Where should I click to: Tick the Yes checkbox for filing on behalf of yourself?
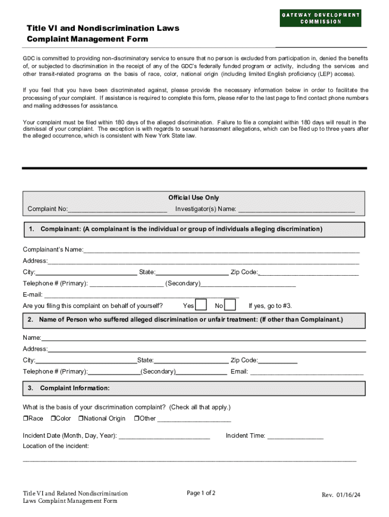coord(201,305)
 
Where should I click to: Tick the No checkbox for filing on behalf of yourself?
coord(230,305)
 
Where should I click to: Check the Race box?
coord(26,419)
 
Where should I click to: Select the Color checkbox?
coord(53,419)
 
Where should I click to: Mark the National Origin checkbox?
coord(81,419)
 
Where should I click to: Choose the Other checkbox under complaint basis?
coord(136,419)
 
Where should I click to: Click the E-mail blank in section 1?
coord(141,295)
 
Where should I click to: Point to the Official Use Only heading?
coord(193,198)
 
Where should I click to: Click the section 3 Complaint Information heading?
coord(74,388)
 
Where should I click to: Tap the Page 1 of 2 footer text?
coord(201,493)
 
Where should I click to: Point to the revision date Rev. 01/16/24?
coord(341,495)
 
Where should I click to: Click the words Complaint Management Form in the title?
coord(87,39)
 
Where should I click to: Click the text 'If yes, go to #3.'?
coord(270,306)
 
